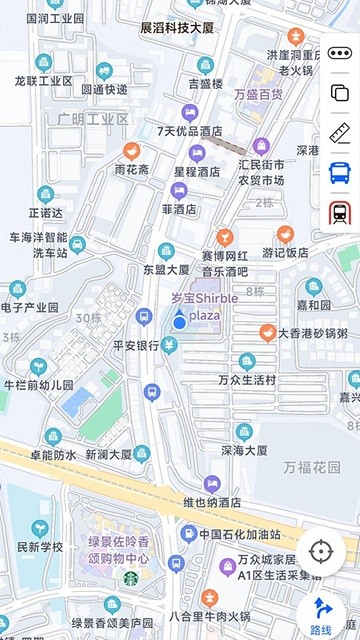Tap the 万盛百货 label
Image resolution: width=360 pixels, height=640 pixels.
point(258,95)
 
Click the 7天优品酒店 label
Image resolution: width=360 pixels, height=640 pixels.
point(189,131)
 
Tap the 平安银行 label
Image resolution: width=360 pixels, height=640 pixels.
point(135,346)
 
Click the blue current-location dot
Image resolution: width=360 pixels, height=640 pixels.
point(179,321)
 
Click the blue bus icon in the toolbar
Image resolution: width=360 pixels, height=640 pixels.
point(340,172)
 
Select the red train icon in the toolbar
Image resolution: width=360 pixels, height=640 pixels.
point(340,212)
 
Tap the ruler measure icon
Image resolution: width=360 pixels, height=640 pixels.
point(340,133)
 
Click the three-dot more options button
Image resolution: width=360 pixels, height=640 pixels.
point(340,53)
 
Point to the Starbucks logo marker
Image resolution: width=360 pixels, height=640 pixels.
point(130,577)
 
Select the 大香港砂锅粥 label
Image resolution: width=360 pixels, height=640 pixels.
point(312,333)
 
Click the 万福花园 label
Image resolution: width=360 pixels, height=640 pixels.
point(311,467)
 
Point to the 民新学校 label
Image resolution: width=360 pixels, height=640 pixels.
point(40,547)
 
